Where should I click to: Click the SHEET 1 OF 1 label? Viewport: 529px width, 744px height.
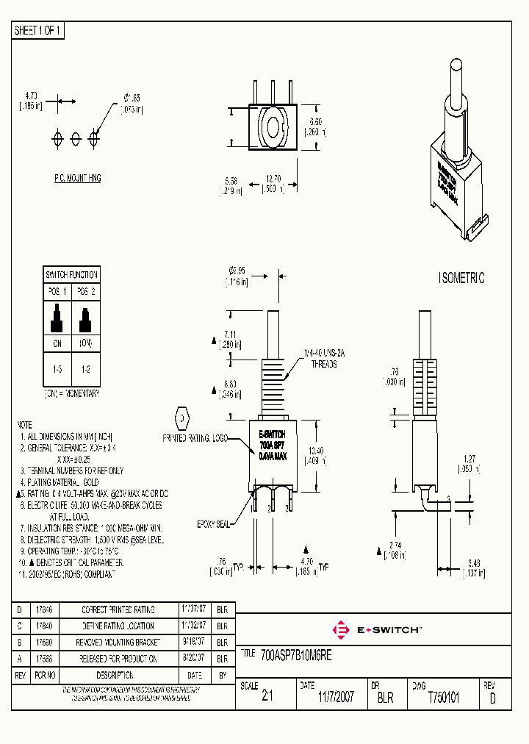[x=39, y=31]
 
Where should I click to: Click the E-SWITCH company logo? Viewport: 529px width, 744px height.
[x=378, y=629]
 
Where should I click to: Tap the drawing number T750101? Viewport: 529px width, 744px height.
[x=443, y=698]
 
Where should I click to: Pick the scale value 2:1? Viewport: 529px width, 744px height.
[x=267, y=698]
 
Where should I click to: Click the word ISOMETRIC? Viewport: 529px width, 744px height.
[x=461, y=279]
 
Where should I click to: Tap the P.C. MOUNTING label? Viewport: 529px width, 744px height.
[x=77, y=179]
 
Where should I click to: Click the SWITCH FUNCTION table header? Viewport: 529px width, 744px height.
[x=71, y=275]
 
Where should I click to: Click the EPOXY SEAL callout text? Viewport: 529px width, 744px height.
[x=214, y=523]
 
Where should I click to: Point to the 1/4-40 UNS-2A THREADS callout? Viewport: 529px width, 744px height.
[x=324, y=358]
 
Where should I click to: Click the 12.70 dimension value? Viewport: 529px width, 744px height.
[x=274, y=179]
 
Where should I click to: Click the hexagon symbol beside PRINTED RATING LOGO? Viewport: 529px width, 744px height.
[x=181, y=418]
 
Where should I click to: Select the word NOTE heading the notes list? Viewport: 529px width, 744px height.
[x=24, y=426]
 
